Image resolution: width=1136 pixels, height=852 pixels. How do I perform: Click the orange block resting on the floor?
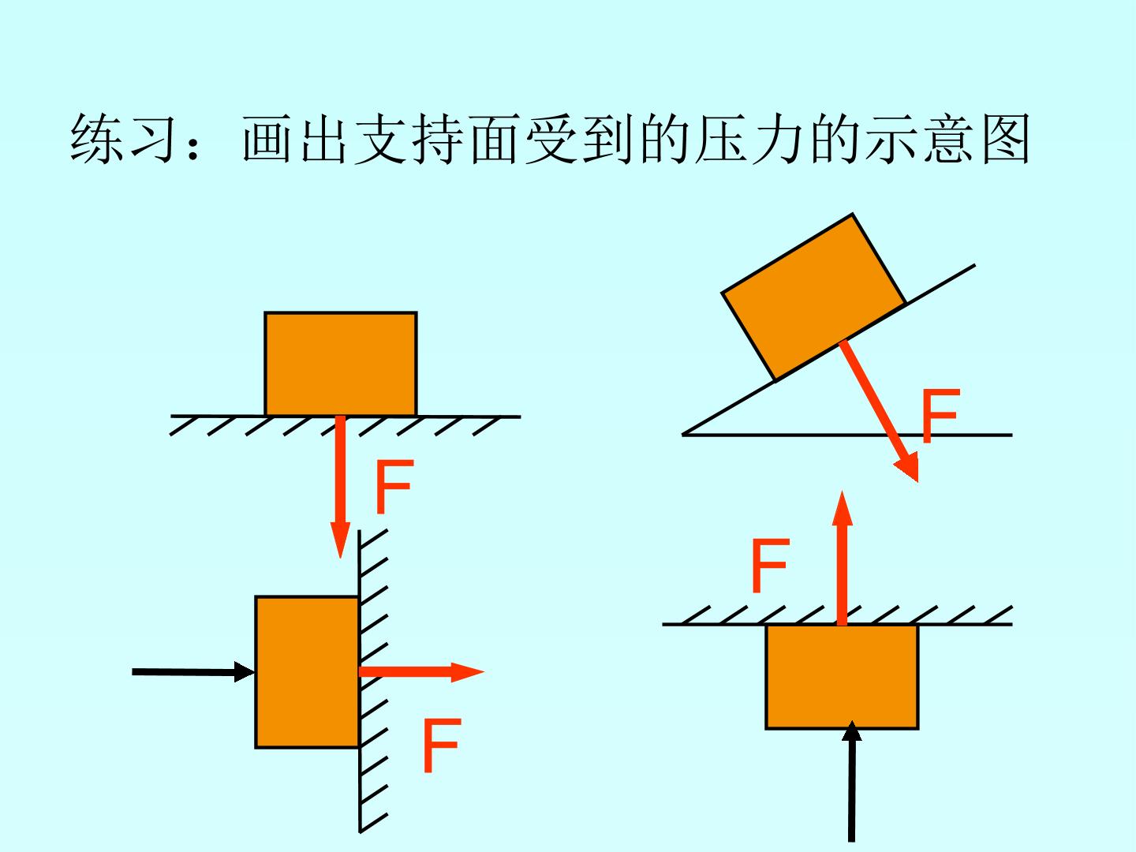(341, 364)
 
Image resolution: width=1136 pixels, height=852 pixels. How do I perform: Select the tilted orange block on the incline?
(813, 297)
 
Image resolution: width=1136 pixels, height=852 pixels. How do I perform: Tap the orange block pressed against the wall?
(308, 672)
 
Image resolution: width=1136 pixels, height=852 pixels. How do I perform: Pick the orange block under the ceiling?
(842, 677)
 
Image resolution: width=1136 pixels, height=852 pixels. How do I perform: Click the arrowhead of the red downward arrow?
(340, 559)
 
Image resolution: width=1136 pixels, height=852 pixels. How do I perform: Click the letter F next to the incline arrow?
(941, 416)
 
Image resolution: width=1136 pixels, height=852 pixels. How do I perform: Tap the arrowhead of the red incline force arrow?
(917, 481)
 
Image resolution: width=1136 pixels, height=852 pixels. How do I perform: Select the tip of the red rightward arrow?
(484, 672)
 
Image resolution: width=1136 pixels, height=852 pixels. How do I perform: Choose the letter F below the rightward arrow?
(442, 745)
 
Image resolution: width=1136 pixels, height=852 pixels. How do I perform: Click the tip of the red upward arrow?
(842, 491)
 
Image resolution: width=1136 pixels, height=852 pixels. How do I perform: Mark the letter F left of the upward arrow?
(771, 566)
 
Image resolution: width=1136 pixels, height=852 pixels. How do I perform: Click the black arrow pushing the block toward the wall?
(193, 672)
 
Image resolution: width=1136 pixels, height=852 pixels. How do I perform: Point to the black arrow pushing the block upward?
(851, 781)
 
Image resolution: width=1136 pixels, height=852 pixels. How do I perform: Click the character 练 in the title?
(97, 139)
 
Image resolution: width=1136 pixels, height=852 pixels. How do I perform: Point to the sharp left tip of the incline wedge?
(682, 435)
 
